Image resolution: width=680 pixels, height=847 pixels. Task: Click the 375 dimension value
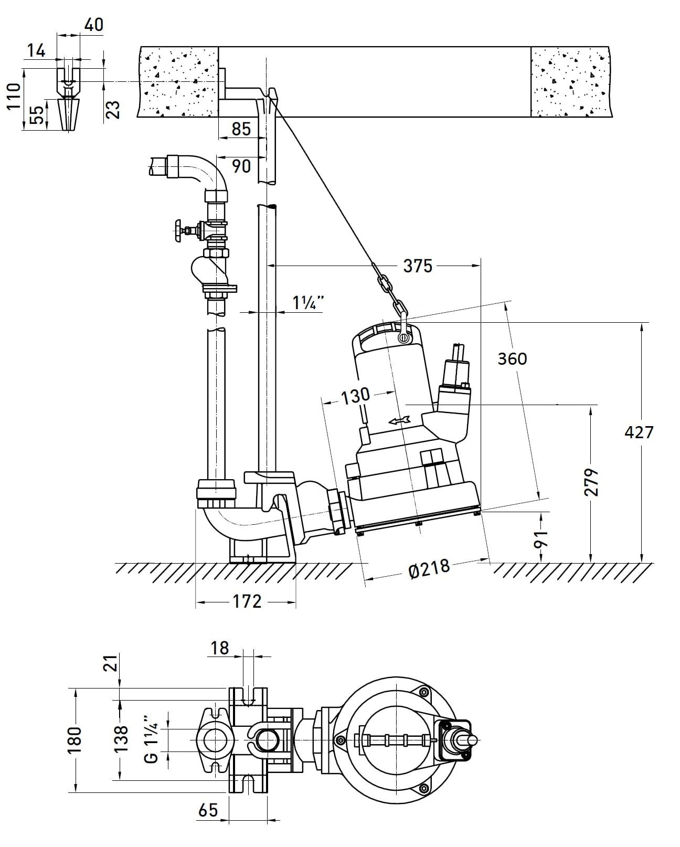[x=418, y=266]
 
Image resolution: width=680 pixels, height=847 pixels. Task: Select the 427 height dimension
[x=639, y=432]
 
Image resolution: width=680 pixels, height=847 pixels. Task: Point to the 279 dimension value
[x=591, y=482]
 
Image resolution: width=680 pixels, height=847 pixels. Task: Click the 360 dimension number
[x=512, y=359]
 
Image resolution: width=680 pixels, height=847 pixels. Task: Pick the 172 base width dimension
[x=246, y=601]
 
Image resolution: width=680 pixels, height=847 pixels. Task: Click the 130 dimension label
[x=355, y=396]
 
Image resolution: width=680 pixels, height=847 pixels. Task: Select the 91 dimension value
[x=541, y=538]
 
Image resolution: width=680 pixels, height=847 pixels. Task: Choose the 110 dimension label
[x=14, y=96]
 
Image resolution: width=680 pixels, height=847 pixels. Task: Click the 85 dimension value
[x=241, y=129]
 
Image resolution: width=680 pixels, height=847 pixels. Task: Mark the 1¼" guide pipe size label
[x=308, y=303]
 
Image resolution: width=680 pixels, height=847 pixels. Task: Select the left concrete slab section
[x=177, y=81]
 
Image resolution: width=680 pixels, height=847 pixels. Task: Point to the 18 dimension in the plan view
[x=220, y=649]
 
